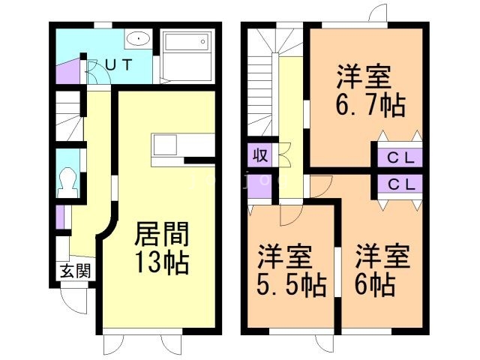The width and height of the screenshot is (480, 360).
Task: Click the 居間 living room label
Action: pyautogui.click(x=162, y=234)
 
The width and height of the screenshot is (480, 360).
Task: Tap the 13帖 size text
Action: pyautogui.click(x=162, y=263)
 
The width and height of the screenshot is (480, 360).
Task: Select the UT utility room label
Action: pyautogui.click(x=119, y=64)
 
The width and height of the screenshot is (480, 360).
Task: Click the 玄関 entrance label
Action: pyautogui.click(x=76, y=271)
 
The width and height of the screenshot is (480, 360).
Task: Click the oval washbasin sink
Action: pyautogui.click(x=138, y=39)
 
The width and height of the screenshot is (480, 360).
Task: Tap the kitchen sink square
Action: pyautogui.click(x=165, y=145)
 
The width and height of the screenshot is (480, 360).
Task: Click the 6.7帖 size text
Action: pyautogui.click(x=370, y=105)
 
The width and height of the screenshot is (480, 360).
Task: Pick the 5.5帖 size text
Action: pyautogui.click(x=291, y=285)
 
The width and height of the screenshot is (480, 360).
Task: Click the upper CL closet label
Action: pyautogui.click(x=400, y=158)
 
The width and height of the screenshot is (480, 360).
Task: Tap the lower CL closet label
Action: pyautogui.click(x=400, y=184)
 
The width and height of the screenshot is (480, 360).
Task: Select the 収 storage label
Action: pyautogui.click(x=260, y=155)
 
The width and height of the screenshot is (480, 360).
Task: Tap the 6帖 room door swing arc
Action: pyautogui.click(x=322, y=187)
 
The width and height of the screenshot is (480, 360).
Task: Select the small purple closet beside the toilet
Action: pyautogui.click(x=60, y=217)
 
